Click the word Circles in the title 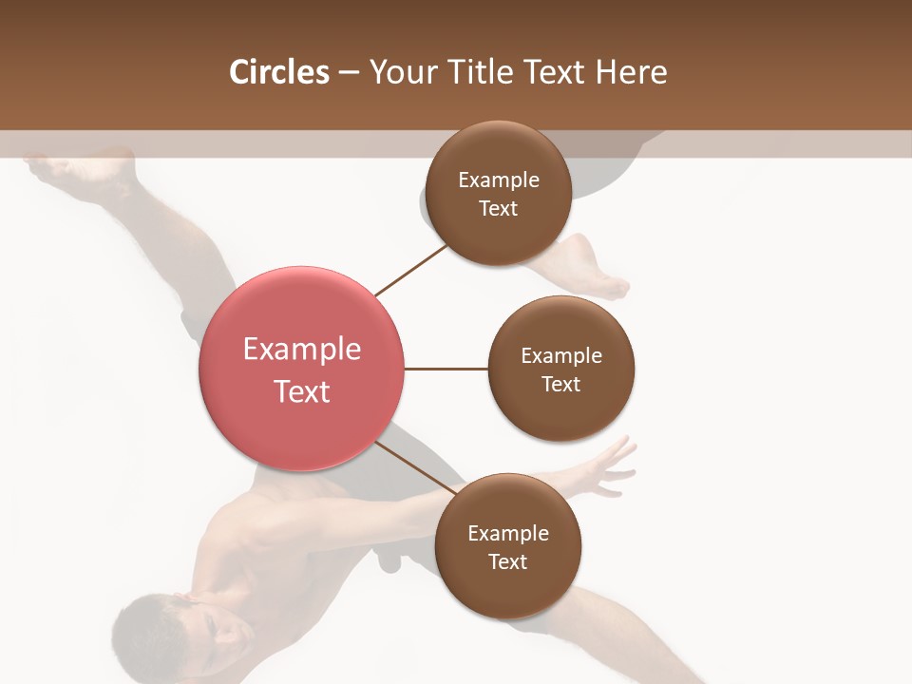tap(278, 72)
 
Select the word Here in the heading tap(632, 72)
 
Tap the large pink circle tap(302, 369)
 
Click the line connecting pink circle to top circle tap(410, 270)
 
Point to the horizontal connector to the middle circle tap(446, 369)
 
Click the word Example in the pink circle tap(302, 349)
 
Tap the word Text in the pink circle tap(302, 390)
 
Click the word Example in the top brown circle tap(498, 180)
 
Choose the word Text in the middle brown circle tap(560, 384)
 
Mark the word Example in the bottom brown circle tap(507, 533)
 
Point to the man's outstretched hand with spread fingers tap(608, 465)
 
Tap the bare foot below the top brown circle tap(594, 271)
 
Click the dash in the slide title tap(349, 72)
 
